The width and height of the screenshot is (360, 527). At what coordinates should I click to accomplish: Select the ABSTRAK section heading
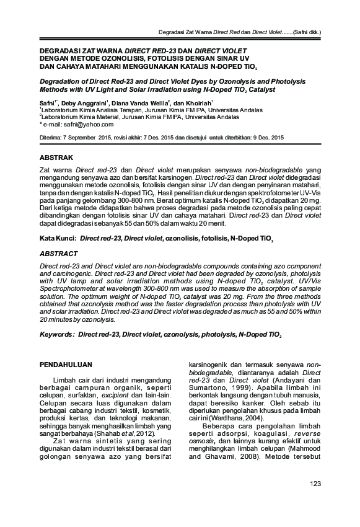click(57, 157)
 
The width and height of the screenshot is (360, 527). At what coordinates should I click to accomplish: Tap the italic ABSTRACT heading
click(59, 254)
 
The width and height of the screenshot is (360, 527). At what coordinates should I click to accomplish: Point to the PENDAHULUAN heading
click(66, 363)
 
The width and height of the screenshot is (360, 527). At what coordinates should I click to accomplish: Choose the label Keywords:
click(56, 334)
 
